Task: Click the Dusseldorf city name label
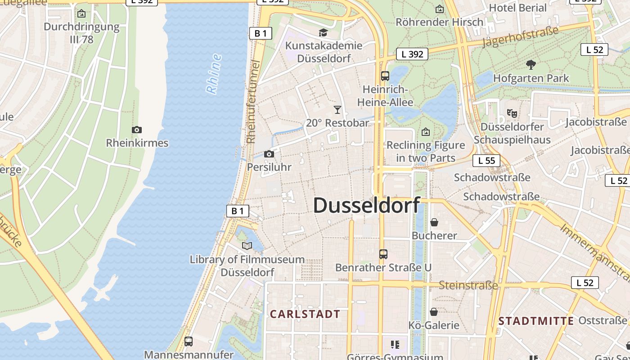pyautogui.click(x=366, y=205)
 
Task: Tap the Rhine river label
pyautogui.click(x=214, y=74)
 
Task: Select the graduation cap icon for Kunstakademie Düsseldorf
pyautogui.click(x=323, y=32)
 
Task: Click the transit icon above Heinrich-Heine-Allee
pyautogui.click(x=385, y=76)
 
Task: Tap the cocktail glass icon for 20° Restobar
pyautogui.click(x=337, y=109)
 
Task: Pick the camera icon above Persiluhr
pyautogui.click(x=269, y=154)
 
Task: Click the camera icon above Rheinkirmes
pyautogui.click(x=137, y=130)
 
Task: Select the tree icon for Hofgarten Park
pyautogui.click(x=531, y=65)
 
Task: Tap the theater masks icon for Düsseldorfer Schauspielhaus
pyautogui.click(x=512, y=113)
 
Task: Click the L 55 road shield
pyautogui.click(x=486, y=161)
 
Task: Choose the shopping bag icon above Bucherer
pyautogui.click(x=434, y=222)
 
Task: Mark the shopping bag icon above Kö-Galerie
pyautogui.click(x=434, y=312)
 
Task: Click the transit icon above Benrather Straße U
pyautogui.click(x=383, y=254)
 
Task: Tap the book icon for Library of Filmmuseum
pyautogui.click(x=247, y=246)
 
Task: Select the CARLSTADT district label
pyautogui.click(x=305, y=314)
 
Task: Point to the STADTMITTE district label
pyautogui.click(x=536, y=321)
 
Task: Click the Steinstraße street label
pyautogui.click(x=468, y=285)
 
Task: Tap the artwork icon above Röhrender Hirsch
pyautogui.click(x=440, y=9)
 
